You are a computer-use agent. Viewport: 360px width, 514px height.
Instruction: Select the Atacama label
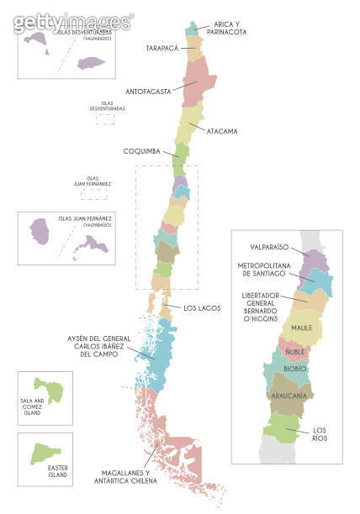pos(221,131)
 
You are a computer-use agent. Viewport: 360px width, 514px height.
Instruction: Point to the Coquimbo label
pos(148,151)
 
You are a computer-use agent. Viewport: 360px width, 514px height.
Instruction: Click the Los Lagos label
pos(202,308)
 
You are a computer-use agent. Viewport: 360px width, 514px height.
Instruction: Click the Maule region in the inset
pos(302,328)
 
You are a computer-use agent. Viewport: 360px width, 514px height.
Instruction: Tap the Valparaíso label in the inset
pos(269,247)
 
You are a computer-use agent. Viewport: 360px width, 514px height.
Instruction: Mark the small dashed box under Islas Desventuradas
pos(104,119)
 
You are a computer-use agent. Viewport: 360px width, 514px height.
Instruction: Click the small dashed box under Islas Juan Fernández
pos(93,193)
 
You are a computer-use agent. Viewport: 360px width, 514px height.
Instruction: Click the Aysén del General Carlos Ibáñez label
pos(102,345)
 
